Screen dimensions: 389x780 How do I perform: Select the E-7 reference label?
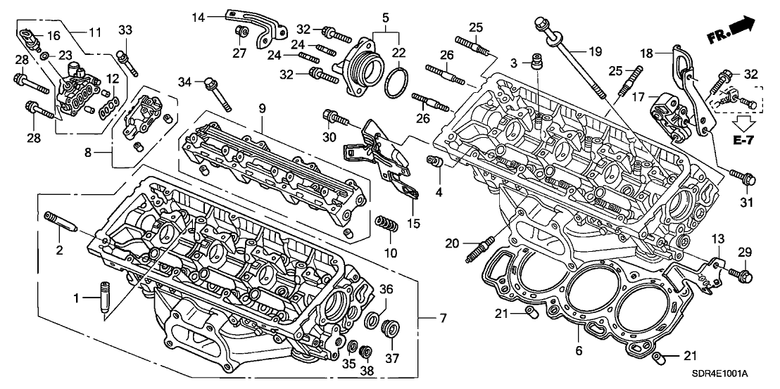pos(743,141)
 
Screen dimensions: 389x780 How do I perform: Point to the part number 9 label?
pos(261,108)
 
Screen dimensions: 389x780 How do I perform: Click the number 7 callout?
pos(442,319)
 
